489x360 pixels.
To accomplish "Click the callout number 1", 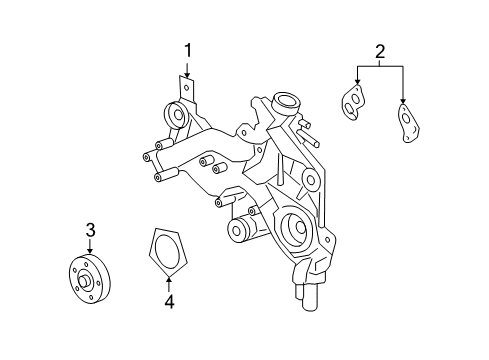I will [186, 49].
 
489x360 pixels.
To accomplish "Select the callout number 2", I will [379, 51].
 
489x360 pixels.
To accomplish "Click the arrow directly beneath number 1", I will [186, 69].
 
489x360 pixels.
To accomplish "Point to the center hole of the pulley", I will [88, 281].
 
